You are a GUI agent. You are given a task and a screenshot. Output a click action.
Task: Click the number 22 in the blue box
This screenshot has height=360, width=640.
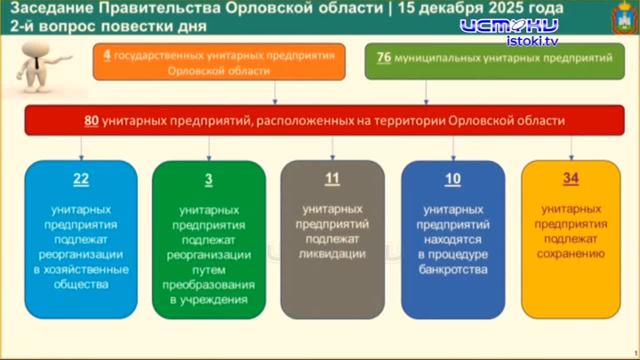click(81, 179)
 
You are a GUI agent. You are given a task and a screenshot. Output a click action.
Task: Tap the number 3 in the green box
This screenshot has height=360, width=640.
click(208, 179)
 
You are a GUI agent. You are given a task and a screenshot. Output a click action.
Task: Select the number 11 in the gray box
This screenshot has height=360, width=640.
click(332, 178)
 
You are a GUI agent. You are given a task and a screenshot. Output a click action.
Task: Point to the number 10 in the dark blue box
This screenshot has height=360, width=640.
click(452, 179)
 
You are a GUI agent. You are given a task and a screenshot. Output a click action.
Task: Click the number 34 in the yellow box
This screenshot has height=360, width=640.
click(570, 178)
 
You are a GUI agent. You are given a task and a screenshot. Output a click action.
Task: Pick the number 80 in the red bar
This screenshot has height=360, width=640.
click(91, 120)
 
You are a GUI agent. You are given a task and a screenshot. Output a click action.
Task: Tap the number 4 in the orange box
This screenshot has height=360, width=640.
click(107, 55)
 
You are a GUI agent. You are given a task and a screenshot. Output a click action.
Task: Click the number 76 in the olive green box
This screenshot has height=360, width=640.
click(384, 58)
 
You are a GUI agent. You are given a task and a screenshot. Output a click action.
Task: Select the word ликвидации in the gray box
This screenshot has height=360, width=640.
click(332, 254)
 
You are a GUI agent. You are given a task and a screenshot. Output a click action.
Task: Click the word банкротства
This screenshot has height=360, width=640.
click(453, 270)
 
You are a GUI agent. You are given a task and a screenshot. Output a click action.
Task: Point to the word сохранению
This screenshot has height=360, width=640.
click(570, 254)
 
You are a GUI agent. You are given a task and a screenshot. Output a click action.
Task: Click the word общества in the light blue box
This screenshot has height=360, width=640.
click(81, 285)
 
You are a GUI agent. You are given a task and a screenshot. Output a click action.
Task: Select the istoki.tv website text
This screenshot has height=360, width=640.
click(532, 41)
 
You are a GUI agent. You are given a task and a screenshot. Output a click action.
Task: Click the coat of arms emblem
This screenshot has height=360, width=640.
click(624, 18)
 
